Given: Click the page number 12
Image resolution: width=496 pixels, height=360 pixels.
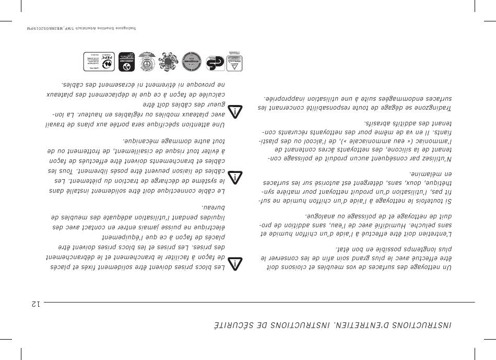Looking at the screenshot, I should (35, 304).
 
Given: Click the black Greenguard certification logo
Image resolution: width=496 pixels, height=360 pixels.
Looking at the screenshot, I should (126, 62).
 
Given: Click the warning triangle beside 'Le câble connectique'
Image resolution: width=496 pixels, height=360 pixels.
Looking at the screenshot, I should (237, 177).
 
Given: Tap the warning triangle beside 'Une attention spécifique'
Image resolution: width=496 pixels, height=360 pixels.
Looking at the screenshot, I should (237, 111).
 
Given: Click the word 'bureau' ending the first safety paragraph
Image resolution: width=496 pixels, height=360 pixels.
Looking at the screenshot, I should (225, 206).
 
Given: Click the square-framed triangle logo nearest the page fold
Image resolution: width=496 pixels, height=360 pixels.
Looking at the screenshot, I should (234, 62).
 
